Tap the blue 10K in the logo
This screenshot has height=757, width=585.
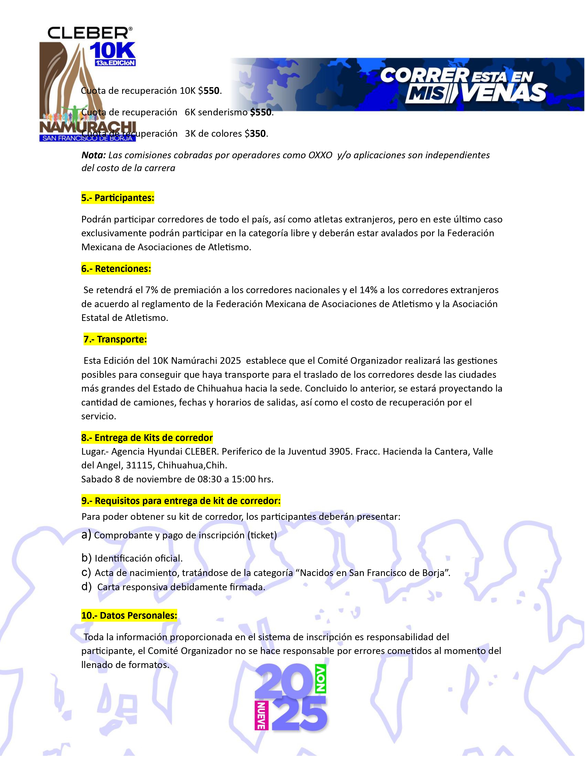(x=112, y=51)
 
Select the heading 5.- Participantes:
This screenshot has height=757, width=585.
(x=117, y=198)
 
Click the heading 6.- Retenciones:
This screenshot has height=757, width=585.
(x=116, y=269)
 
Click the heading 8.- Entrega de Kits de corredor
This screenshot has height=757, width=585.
(x=147, y=438)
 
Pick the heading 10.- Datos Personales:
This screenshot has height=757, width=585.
(x=129, y=616)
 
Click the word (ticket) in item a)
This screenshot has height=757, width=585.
(x=262, y=535)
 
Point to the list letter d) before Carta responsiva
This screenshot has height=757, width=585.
(x=86, y=587)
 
